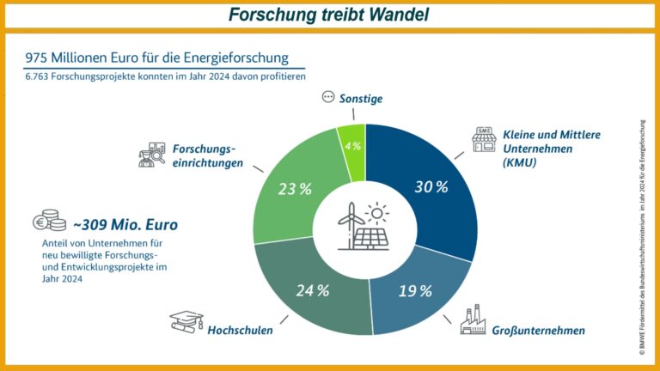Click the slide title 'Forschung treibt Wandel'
pyautogui.click(x=330, y=15)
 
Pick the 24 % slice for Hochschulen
pyautogui.click(x=311, y=289)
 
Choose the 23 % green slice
pyautogui.click(x=295, y=189)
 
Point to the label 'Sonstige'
pyautogui.click(x=362, y=99)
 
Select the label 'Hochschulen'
pyautogui.click(x=240, y=329)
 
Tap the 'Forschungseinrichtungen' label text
pyautogui.click(x=207, y=155)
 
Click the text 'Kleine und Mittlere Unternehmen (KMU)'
pyautogui.click(x=551, y=149)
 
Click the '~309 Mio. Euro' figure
pyautogui.click(x=125, y=225)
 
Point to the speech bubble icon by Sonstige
pyautogui.click(x=327, y=97)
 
